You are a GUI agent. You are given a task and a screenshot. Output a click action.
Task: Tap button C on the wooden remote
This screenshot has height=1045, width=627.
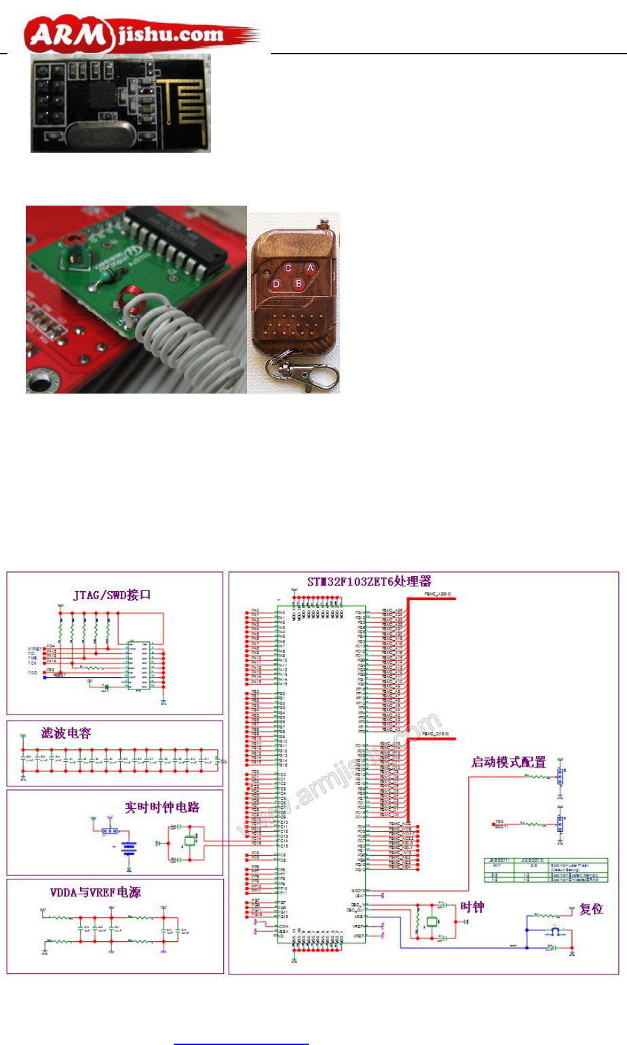tap(288, 268)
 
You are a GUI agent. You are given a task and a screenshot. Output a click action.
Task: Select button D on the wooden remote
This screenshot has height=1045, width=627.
tap(276, 284)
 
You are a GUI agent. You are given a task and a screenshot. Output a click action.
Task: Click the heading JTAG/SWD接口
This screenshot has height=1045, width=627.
tap(112, 595)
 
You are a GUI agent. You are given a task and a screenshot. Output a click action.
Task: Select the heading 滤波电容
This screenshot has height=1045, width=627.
tap(66, 733)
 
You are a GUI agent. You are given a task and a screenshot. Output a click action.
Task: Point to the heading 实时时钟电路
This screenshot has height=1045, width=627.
tap(161, 807)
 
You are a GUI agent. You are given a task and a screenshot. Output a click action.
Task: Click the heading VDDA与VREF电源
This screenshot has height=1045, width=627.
tap(96, 892)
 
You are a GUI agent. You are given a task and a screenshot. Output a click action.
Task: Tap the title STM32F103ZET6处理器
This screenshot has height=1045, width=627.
tap(369, 582)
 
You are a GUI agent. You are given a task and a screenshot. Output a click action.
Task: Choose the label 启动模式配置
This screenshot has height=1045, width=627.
tap(509, 762)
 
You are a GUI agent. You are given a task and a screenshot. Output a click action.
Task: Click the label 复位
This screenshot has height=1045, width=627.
tap(591, 909)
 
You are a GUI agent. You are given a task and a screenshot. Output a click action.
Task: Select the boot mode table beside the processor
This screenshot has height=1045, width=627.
tap(546, 870)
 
